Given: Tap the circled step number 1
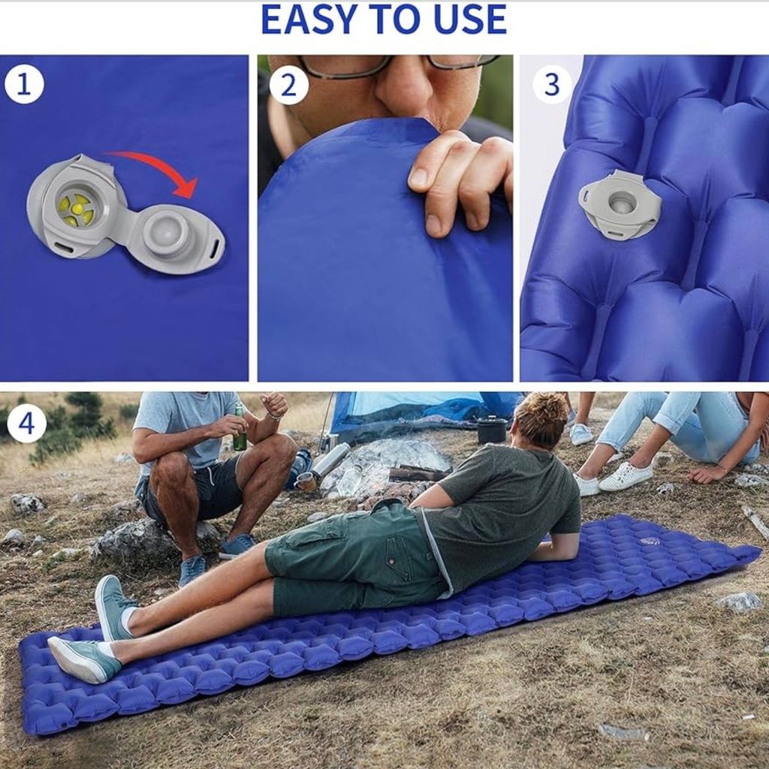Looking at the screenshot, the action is click(x=24, y=83).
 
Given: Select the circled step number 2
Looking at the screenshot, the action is click(x=289, y=85).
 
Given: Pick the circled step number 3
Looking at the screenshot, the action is click(x=552, y=83).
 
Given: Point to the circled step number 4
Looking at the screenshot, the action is click(x=26, y=422).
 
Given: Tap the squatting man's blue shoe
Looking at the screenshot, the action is click(x=192, y=570).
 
